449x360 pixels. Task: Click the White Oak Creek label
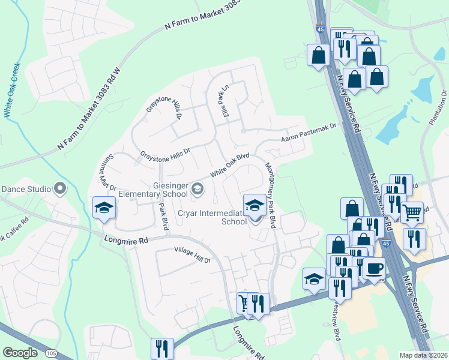12,90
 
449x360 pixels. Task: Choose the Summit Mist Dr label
106,171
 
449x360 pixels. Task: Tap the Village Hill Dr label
193,255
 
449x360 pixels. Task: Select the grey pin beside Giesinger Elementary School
197,190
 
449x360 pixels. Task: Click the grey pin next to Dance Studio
59,189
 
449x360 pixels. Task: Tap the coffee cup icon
375,268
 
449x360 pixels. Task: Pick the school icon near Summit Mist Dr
104,208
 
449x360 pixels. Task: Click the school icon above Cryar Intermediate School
255,205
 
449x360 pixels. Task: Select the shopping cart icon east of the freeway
411,211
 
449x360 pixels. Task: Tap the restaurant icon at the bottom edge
162,348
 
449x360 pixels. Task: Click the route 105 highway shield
50,353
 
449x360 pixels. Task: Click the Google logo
20,353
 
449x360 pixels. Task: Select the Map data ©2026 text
424,355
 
